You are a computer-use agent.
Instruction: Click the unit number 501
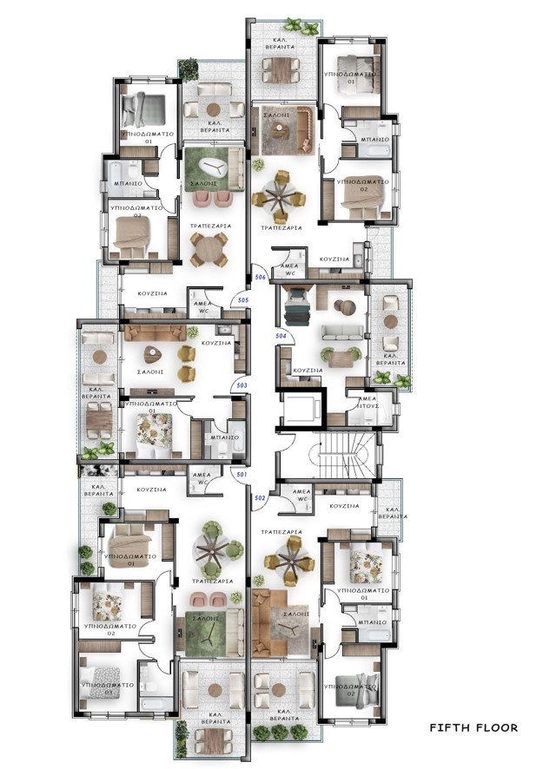(x=241, y=474)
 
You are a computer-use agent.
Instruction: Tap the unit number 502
(x=258, y=497)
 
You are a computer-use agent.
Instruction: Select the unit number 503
(x=242, y=384)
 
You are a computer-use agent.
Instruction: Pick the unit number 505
(x=242, y=300)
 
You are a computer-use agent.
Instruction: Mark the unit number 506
(x=260, y=277)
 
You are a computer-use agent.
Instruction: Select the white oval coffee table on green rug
(x=212, y=169)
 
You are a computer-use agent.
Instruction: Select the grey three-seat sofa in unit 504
(x=337, y=333)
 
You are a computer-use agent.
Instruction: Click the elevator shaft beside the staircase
(x=302, y=408)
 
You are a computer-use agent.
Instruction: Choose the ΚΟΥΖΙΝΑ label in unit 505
(x=151, y=294)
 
